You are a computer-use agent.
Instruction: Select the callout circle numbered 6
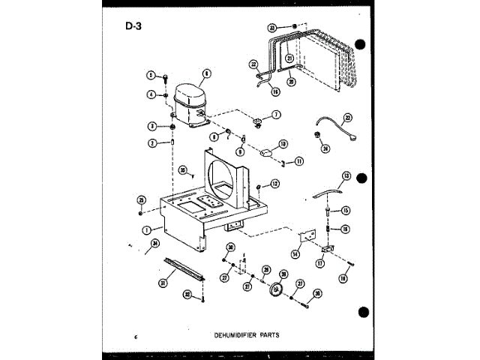[x=205, y=73]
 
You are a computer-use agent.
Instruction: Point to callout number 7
[x=276, y=115]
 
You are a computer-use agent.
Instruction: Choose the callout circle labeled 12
[x=274, y=183]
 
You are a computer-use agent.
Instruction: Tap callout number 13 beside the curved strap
[x=346, y=177]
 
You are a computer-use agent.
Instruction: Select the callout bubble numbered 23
[x=348, y=118]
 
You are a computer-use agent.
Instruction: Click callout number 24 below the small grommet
[x=325, y=148]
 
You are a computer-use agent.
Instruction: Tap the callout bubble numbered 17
[x=322, y=263]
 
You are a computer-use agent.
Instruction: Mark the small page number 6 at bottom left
[x=136, y=334]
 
